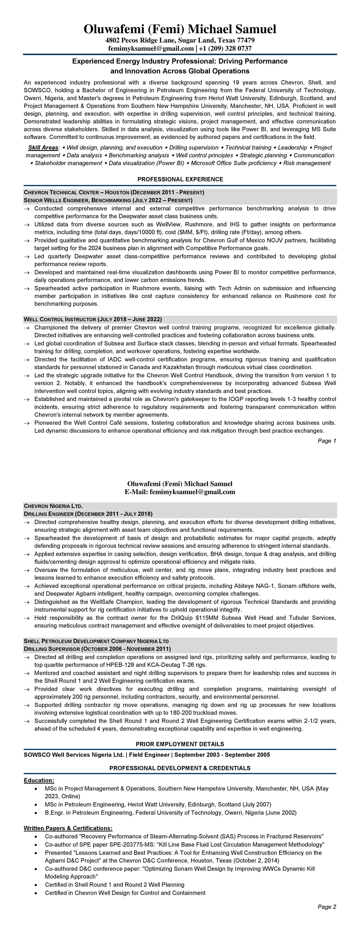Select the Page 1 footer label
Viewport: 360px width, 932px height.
pyautogui.click(x=327, y=441)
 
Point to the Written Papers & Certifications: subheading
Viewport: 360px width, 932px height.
pyautogui.click(x=68, y=828)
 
